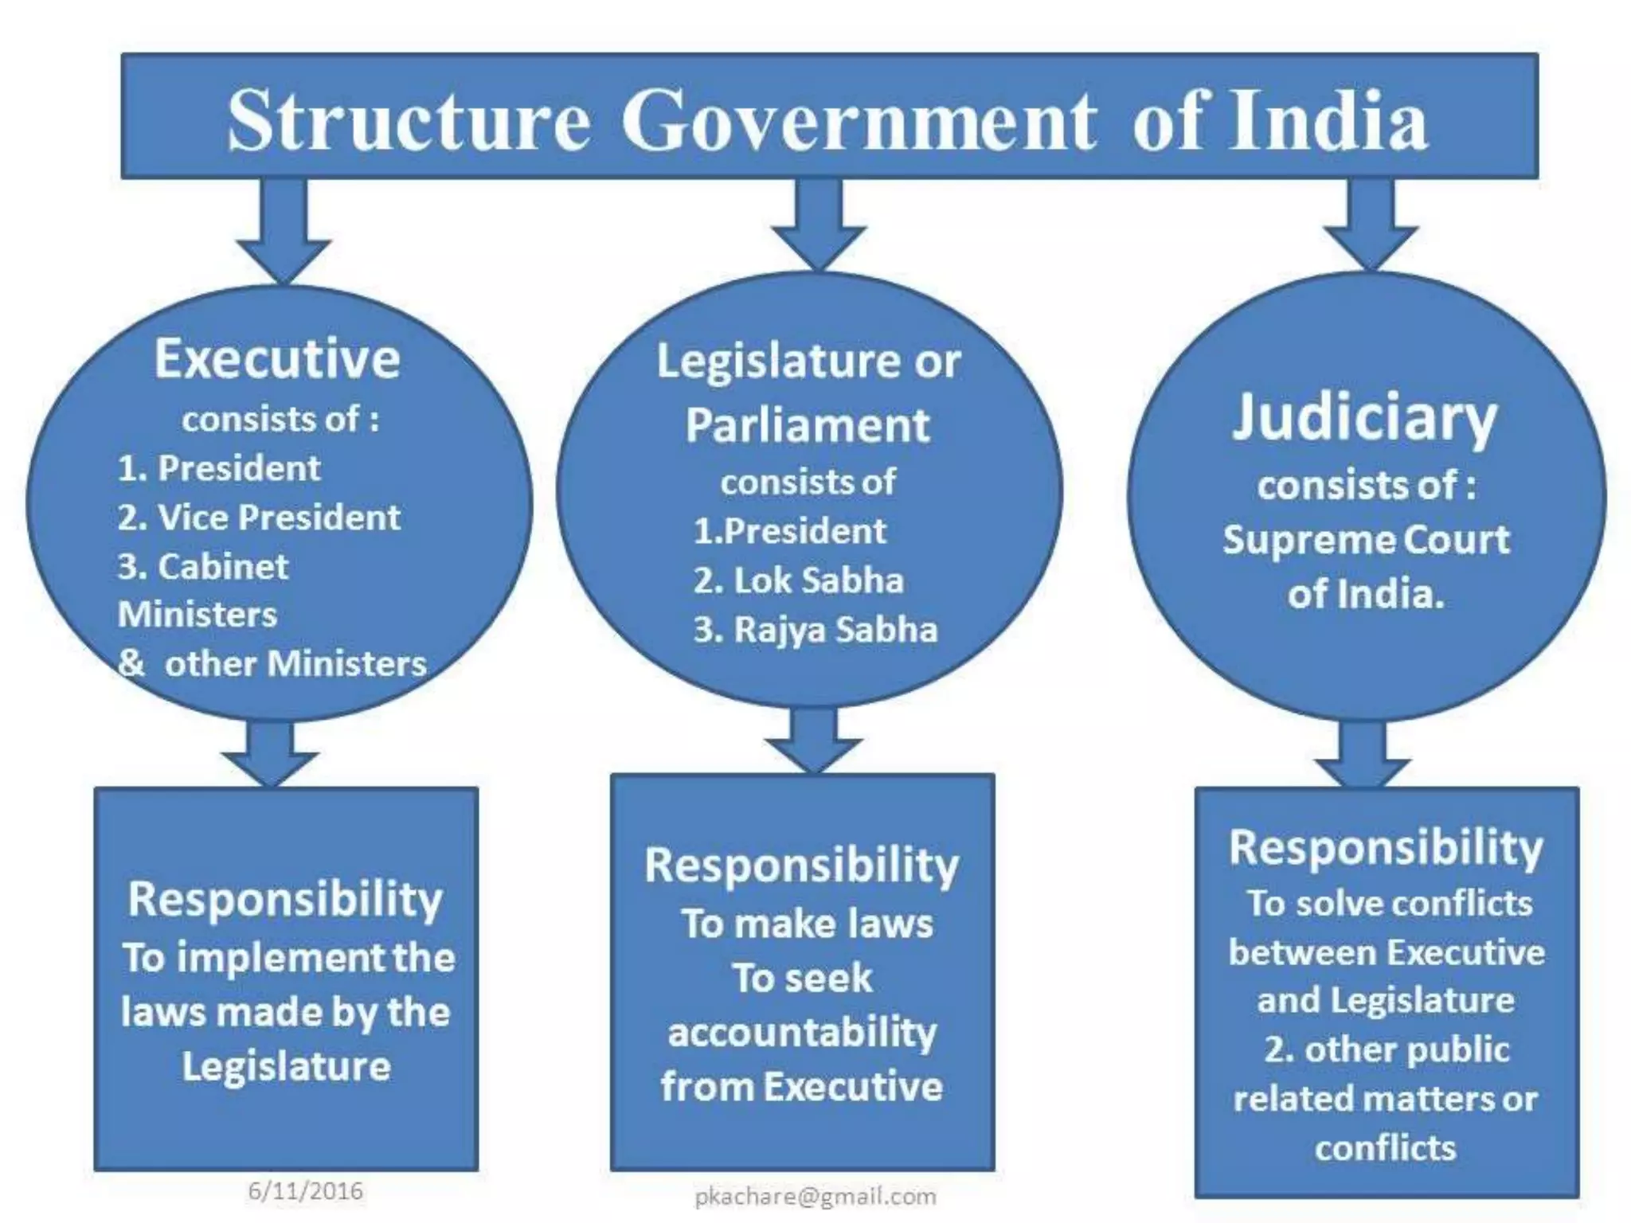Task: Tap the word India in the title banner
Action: point(1328,121)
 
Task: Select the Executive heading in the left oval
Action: point(277,359)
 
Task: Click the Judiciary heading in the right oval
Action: point(1364,417)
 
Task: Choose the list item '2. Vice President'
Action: point(259,518)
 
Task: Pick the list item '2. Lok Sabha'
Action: point(799,580)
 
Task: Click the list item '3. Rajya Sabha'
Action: point(815,630)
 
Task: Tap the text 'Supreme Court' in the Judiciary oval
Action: point(1366,540)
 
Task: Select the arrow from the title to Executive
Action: point(284,231)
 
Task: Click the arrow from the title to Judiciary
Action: point(1371,226)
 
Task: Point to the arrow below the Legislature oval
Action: point(813,740)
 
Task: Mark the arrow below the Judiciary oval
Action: point(1363,755)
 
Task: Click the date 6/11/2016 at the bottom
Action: point(306,1191)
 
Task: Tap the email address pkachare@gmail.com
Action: point(815,1196)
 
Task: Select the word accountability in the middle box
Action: point(803,1033)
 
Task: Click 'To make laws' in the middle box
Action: point(808,924)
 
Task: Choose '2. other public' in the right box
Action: point(1387,1049)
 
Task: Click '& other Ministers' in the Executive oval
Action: point(272,663)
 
